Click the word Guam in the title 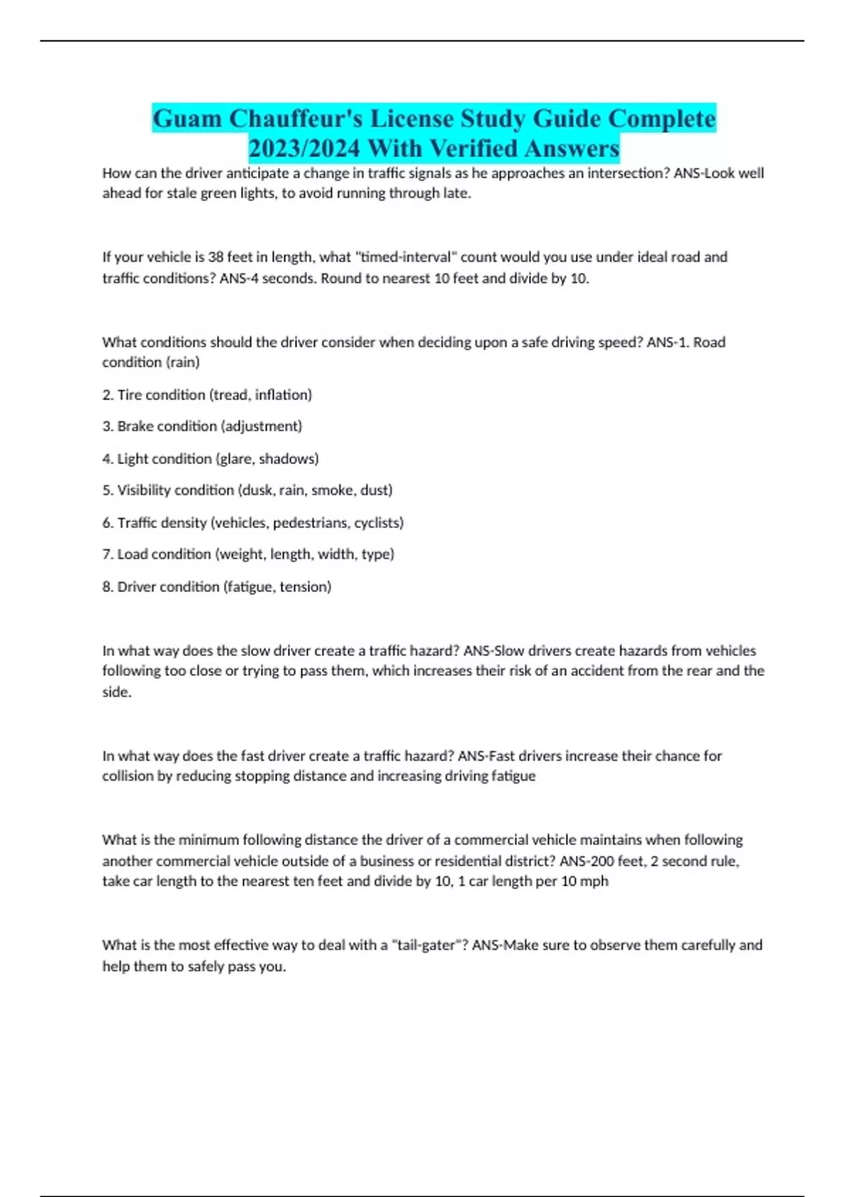pos(187,118)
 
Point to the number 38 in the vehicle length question pos(216,257)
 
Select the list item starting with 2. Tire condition pos(207,395)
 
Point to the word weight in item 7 pos(241,554)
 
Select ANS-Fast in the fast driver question pos(487,756)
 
